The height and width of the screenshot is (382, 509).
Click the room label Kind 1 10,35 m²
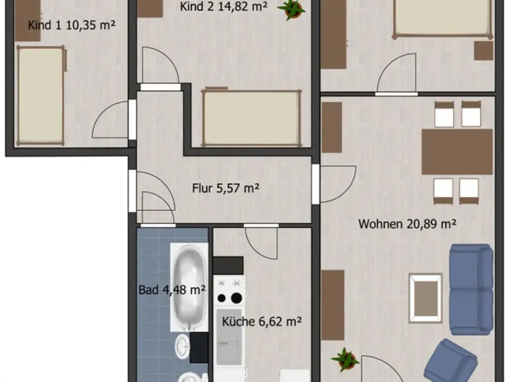72,25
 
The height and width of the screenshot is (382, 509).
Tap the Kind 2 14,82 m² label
223,6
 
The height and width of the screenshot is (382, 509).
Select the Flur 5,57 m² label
225,188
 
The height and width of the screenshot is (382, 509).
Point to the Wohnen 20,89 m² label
407,224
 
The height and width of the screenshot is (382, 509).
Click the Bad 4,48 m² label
172,289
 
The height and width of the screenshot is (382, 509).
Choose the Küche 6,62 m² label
262,321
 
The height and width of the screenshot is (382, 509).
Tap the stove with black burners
229,290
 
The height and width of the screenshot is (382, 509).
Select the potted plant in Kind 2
291,9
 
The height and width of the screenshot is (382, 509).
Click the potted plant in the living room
345,360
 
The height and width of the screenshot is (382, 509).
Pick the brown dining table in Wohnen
457,152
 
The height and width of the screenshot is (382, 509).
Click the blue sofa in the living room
471,289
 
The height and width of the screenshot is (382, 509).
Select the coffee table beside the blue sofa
426,298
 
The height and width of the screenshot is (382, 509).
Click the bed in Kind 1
41,95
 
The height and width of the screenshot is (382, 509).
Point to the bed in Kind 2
251,118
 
